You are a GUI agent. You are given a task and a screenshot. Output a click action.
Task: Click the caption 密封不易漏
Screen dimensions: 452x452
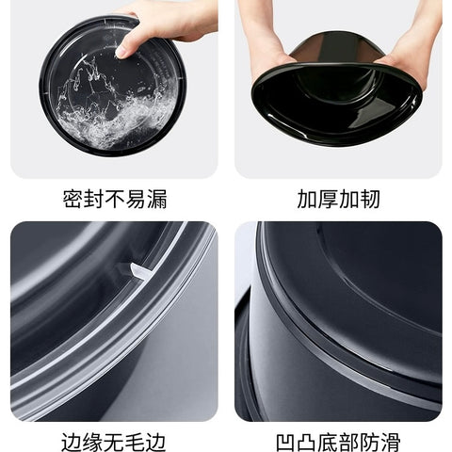pos(115,199)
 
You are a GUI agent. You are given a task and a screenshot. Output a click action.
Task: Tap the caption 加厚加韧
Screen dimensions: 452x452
pos(338,199)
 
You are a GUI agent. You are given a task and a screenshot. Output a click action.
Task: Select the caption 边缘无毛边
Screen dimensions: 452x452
pos(114,442)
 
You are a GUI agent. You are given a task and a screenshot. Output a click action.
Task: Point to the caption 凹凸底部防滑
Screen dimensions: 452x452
pos(338,442)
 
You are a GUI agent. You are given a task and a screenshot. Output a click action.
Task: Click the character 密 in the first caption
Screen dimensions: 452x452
pos(73,199)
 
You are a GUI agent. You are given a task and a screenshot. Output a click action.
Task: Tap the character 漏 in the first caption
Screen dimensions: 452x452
pos(157,199)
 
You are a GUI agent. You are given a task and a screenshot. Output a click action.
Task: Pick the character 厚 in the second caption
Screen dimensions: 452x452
pos(328,199)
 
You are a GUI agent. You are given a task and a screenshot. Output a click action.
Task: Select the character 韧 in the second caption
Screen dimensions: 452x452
pos(370,199)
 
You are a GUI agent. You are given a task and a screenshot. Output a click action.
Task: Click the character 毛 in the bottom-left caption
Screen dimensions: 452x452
pos(135,442)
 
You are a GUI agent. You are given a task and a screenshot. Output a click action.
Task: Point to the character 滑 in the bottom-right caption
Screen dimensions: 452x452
pos(391,442)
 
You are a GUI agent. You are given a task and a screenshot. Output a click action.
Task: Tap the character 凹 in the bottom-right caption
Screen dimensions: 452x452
pos(286,442)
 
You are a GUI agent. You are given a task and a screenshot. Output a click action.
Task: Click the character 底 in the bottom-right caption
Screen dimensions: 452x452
pos(328,442)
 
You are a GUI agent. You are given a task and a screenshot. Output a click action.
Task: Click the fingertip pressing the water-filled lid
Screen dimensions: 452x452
pos(121,54)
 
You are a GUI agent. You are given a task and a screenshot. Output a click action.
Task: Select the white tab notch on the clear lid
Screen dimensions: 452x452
pos(140,271)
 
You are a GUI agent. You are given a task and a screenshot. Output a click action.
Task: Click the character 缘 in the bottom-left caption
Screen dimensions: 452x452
pos(92,442)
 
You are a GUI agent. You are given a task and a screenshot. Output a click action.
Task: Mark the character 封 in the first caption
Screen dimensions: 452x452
pos(94,199)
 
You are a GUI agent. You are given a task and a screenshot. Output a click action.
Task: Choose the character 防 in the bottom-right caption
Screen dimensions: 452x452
pos(370,442)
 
